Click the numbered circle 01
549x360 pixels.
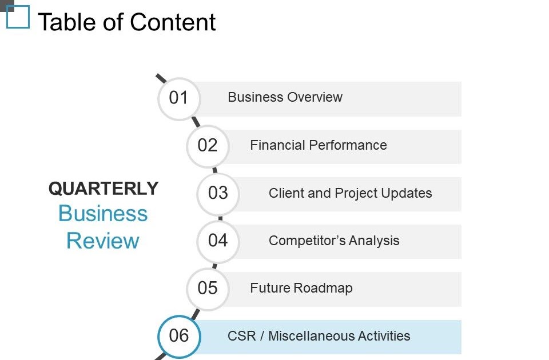coord(179,98)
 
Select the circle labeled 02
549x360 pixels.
coord(208,146)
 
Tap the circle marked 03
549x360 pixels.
coord(218,194)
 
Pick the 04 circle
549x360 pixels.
coord(218,241)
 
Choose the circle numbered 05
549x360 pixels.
coord(208,289)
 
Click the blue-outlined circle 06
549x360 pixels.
coord(179,336)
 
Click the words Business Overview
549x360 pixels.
coord(285,97)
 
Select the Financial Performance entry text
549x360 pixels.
coord(319,145)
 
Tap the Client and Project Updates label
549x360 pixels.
coord(350,193)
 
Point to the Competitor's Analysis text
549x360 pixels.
coord(334,241)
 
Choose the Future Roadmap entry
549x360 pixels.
coord(301,288)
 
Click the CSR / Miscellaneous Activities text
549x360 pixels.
coord(319,336)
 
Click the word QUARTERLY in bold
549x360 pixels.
coord(104,189)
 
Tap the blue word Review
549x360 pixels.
coord(103,241)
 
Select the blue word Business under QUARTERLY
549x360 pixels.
coord(103,213)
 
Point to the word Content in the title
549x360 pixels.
coord(173,22)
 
